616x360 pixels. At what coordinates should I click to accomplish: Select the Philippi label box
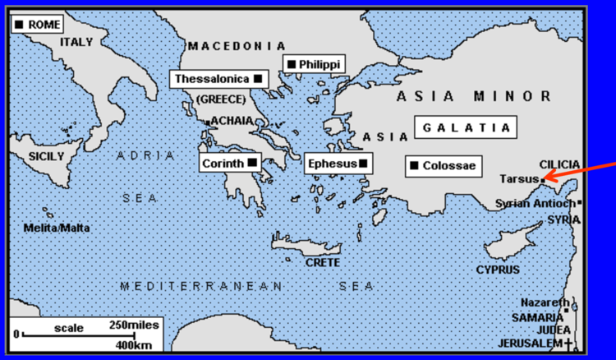coord(313,63)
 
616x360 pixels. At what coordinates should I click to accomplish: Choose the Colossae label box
coord(444,166)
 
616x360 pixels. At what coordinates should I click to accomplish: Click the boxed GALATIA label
coord(466,127)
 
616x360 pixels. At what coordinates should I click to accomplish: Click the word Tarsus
coord(517,179)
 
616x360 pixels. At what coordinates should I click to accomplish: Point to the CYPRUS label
coord(498,269)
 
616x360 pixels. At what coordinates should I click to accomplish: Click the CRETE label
coord(322,262)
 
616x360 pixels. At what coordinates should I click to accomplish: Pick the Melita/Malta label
coord(57,228)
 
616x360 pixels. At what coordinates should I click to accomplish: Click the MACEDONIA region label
coord(237,46)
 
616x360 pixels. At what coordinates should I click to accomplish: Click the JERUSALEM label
coord(531,342)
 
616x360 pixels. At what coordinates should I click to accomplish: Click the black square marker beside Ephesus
coord(363,164)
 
